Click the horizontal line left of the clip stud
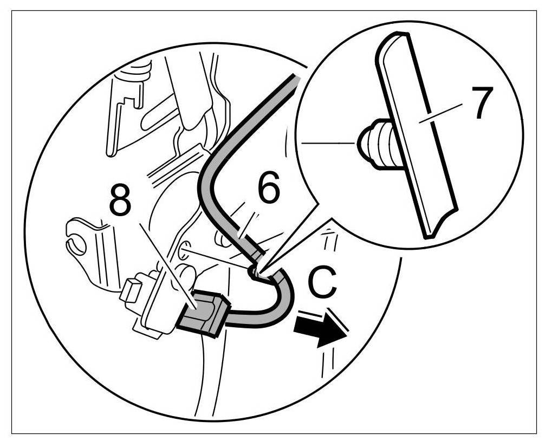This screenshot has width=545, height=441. point(328,143)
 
